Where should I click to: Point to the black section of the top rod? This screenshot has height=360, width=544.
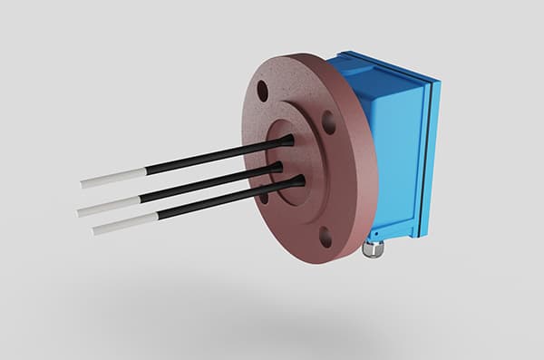coord(209,156)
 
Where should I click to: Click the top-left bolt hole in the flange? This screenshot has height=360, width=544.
coord(262,91)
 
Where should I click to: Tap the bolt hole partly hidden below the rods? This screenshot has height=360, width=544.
coord(263,197)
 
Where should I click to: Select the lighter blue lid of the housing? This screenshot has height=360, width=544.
coord(425,154)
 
